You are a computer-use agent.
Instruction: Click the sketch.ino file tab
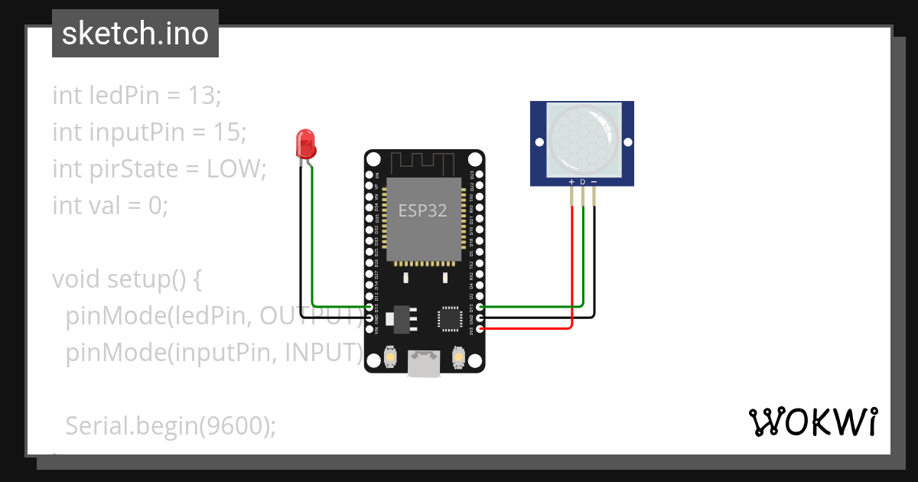pyautogui.click(x=135, y=34)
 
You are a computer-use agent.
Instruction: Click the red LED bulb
pyautogui.click(x=304, y=142)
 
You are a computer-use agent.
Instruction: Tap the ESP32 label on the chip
pyautogui.click(x=422, y=210)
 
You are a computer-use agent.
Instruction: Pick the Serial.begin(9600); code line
pyautogui.click(x=171, y=426)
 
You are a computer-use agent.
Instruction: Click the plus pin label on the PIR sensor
pyautogui.click(x=571, y=182)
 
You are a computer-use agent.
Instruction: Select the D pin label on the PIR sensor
pyautogui.click(x=582, y=182)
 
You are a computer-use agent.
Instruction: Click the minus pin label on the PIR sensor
pyautogui.click(x=594, y=182)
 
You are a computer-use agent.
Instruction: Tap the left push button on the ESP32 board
pyautogui.click(x=389, y=357)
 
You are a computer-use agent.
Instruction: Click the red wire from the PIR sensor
pyautogui.click(x=571, y=268)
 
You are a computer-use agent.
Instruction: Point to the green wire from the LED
pyautogui.click(x=313, y=245)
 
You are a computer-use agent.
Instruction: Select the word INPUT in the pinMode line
pyautogui.click(x=321, y=352)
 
